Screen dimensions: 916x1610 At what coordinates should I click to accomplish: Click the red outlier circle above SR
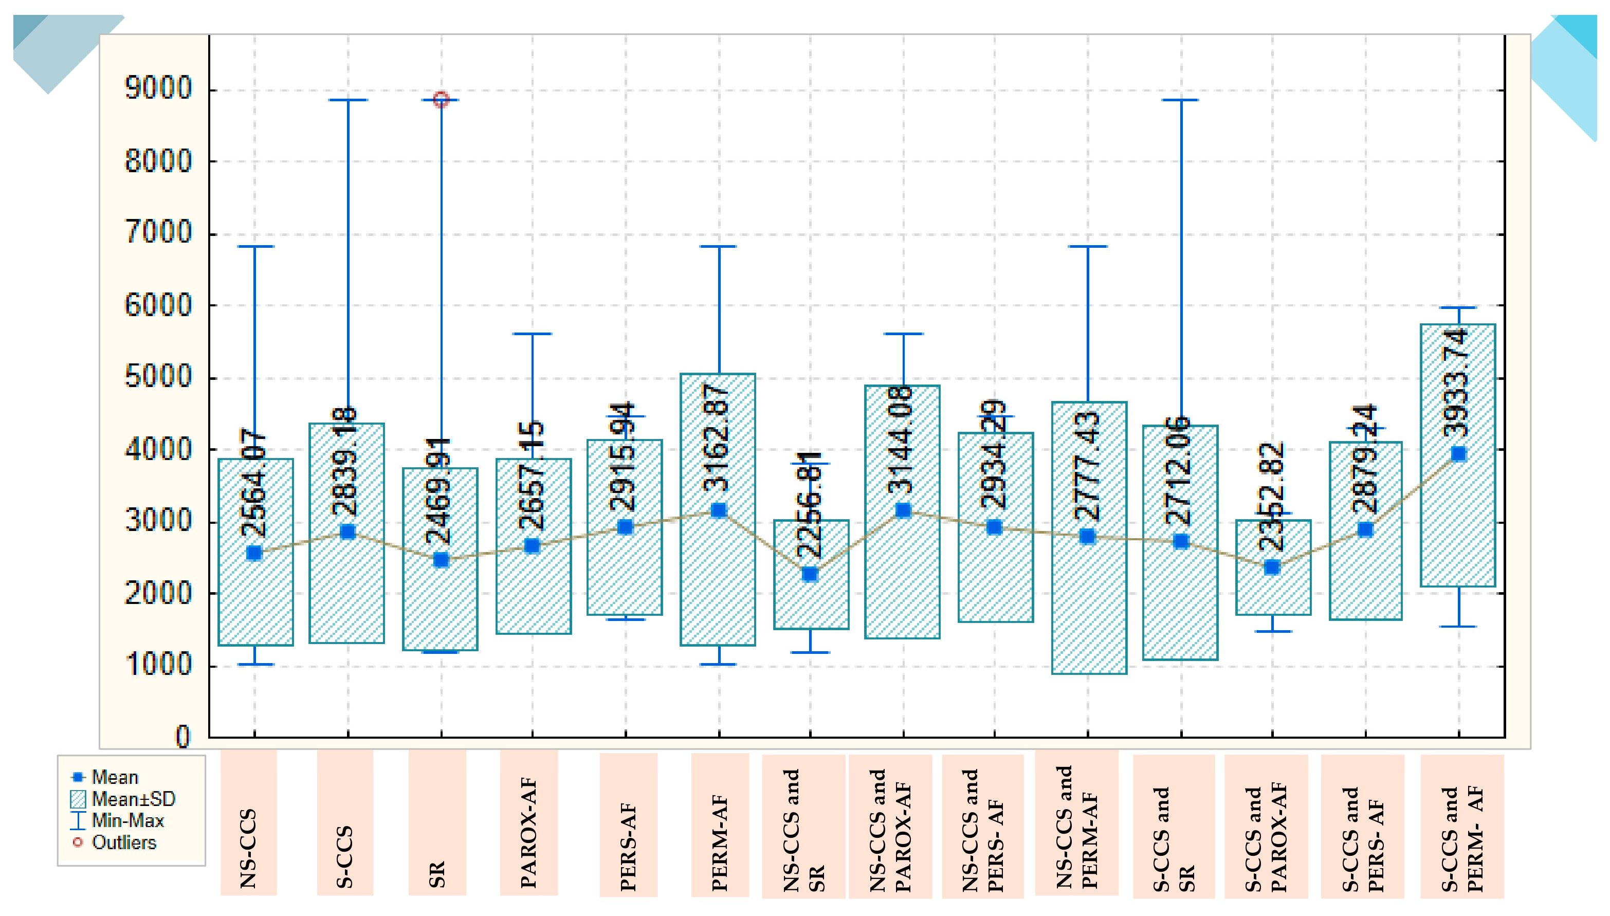441,99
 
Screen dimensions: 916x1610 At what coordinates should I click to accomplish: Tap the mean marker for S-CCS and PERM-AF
1458,454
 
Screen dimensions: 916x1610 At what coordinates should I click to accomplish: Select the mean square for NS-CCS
254,553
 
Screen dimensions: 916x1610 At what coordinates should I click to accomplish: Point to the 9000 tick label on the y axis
158,88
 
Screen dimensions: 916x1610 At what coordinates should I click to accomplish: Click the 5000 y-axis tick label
158,377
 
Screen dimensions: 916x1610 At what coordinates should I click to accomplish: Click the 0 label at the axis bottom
182,736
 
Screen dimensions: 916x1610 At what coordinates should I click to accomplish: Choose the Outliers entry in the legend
123,842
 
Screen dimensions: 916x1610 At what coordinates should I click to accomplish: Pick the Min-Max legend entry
127,820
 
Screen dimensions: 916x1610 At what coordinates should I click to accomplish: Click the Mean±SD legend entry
133,799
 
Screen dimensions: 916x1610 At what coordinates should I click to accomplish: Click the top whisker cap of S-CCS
348,99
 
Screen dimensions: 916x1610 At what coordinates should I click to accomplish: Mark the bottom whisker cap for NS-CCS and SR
810,652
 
